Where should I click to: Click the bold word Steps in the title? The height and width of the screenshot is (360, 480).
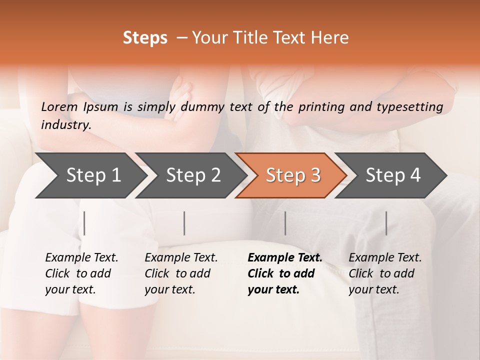click(x=145, y=38)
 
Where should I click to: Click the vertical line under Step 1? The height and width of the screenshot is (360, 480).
click(x=84, y=223)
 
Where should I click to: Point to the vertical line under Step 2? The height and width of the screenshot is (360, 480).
click(x=184, y=223)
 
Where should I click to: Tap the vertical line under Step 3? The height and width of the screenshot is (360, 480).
click(x=285, y=223)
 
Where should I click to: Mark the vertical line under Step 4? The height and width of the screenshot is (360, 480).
click(x=386, y=223)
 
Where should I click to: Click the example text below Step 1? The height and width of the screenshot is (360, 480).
click(x=81, y=273)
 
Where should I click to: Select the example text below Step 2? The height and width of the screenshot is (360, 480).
click(x=181, y=273)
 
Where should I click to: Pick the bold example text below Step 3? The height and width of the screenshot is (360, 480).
click(x=284, y=273)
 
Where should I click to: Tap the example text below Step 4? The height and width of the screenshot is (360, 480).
click(x=385, y=273)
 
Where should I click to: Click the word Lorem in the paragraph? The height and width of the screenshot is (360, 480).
click(x=59, y=106)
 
